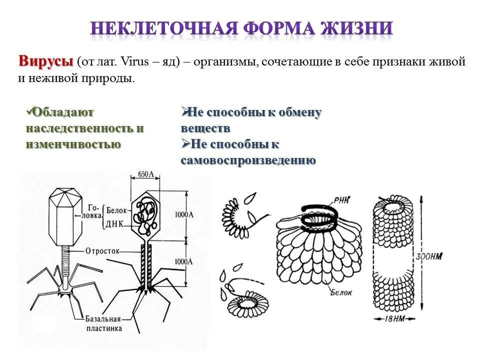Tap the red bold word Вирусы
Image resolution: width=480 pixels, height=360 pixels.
46,62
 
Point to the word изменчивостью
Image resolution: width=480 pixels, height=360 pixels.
73,144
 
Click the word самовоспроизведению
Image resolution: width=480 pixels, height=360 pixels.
248,160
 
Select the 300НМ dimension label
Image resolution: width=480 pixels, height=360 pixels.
428,257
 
